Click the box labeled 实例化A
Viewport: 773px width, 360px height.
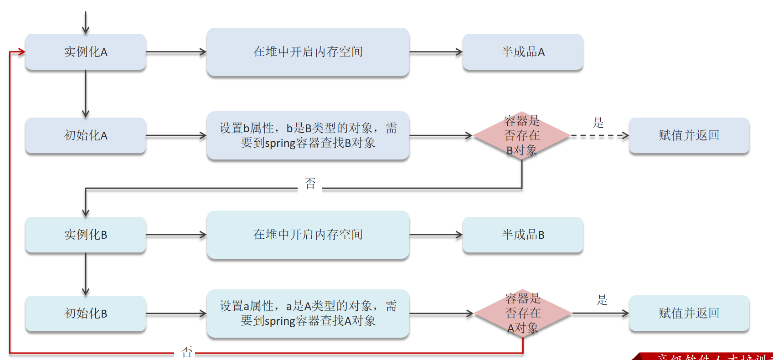coord(86,52)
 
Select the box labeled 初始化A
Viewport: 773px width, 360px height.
coord(86,135)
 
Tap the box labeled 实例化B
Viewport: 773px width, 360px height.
coord(86,235)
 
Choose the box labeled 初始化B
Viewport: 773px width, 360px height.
coord(86,314)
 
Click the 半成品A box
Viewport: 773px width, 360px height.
coord(523,52)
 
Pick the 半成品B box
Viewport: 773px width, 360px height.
coord(523,235)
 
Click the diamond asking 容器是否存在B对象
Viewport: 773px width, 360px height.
coord(522,135)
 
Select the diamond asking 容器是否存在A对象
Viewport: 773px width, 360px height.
coord(523,314)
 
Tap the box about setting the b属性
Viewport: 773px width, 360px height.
coord(308,135)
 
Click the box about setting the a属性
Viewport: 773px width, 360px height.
coord(308,314)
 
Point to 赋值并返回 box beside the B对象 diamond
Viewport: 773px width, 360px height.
coord(689,135)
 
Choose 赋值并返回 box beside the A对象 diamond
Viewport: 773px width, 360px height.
coord(689,314)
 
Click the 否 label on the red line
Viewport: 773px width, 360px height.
coord(187,352)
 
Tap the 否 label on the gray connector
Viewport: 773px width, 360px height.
coord(310,184)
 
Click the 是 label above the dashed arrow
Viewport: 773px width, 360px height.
coord(598,123)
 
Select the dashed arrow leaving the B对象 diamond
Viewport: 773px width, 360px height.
coord(599,135)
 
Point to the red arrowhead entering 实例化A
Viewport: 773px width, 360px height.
coord(21,52)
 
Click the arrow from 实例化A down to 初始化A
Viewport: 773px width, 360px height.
coord(86,93)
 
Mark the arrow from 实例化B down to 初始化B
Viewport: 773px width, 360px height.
coord(86,274)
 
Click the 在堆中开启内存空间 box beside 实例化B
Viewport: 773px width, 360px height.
coord(308,235)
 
